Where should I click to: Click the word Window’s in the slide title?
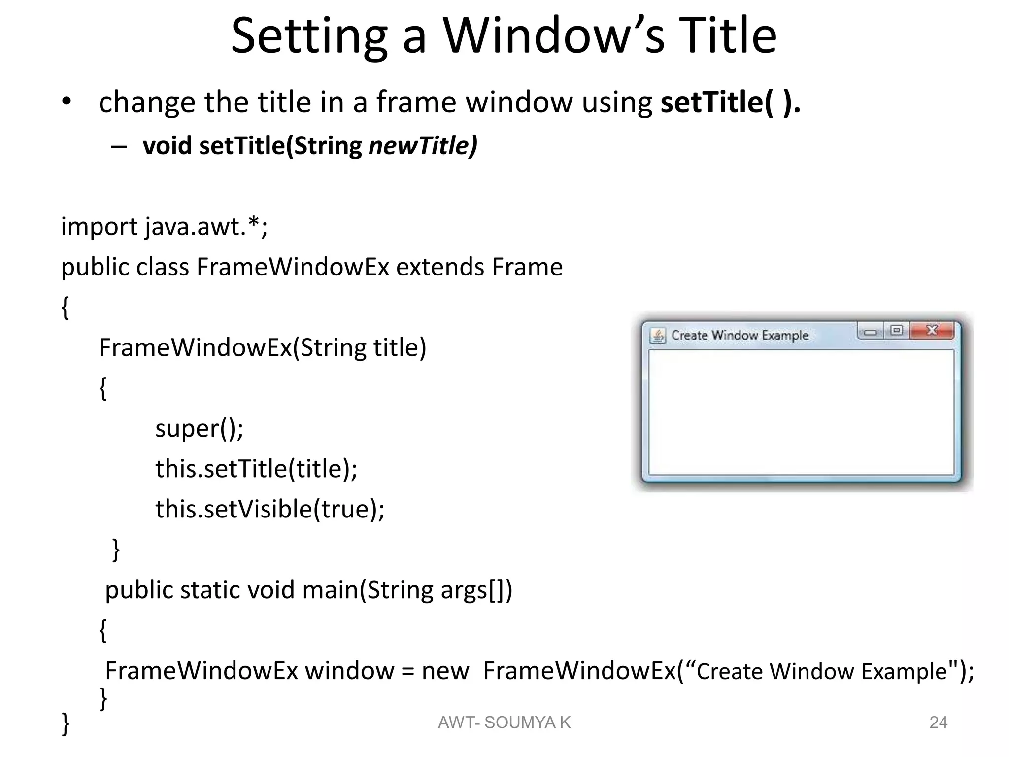(554, 35)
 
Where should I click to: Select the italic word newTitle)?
(423, 146)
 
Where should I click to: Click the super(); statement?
(199, 428)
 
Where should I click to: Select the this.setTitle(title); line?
(256, 469)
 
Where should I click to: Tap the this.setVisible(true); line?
(269, 509)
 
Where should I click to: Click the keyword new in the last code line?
(445, 671)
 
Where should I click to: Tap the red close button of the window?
(932, 330)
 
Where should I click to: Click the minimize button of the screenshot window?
(871, 332)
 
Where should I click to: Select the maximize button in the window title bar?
(897, 330)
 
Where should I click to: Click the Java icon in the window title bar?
(658, 336)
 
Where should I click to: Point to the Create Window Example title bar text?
(740, 335)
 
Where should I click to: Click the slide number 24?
(938, 723)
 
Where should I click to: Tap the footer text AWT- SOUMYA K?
(504, 723)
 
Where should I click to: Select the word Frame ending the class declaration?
(527, 267)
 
